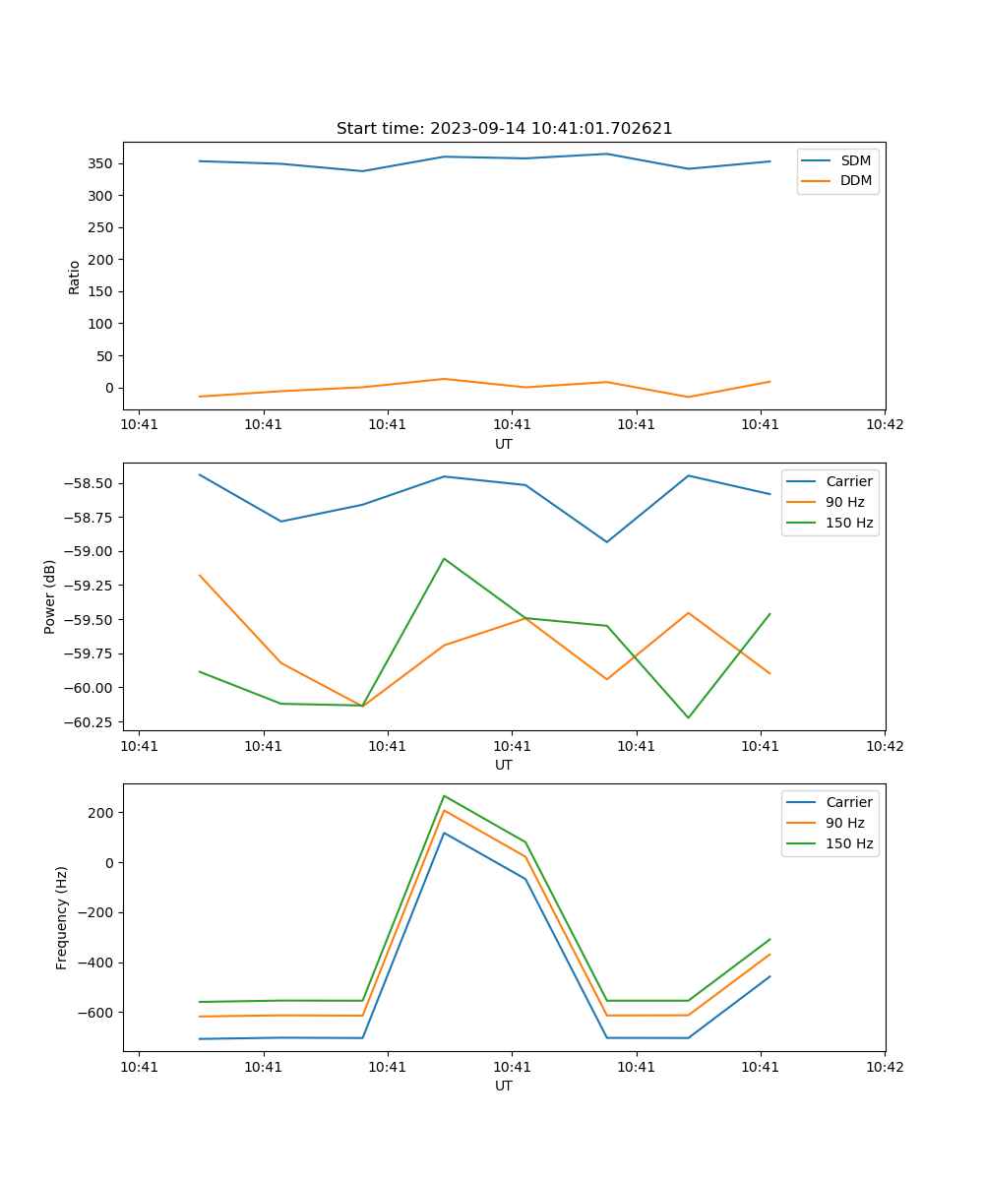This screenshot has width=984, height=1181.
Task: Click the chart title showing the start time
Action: pyautogui.click(x=504, y=129)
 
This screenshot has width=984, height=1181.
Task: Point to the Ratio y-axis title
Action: pyautogui.click(x=75, y=278)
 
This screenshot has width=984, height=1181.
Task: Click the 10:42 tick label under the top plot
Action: pyautogui.click(x=884, y=425)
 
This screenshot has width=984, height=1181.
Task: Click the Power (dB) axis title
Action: pyautogui.click(x=50, y=596)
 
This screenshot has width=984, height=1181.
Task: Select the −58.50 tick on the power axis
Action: pyautogui.click(x=92, y=483)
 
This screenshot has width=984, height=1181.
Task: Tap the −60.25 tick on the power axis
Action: pyautogui.click(x=92, y=721)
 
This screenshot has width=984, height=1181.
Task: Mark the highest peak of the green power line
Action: pyautogui.click(x=444, y=559)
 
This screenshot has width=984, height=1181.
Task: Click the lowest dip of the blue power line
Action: pyautogui.click(x=607, y=541)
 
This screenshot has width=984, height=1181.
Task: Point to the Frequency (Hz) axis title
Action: pyautogui.click(x=62, y=917)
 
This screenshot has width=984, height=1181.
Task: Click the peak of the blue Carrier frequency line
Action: pyautogui.click(x=444, y=833)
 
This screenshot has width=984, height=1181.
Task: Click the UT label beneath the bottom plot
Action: pyautogui.click(x=504, y=1086)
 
